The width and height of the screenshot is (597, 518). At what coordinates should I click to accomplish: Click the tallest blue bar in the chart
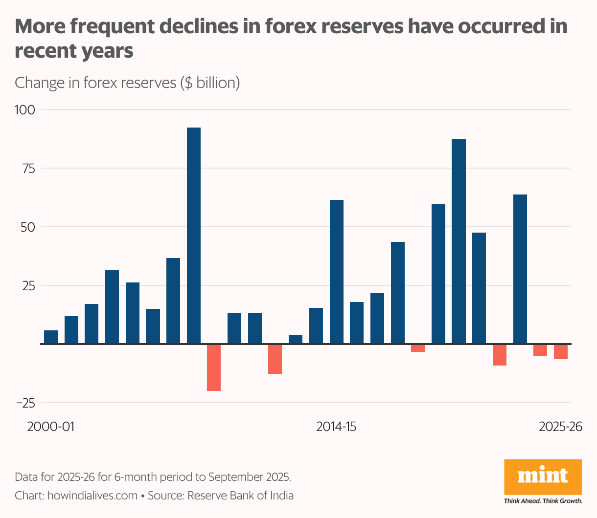click(194, 236)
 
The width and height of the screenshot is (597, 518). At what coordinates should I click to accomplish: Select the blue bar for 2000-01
click(51, 337)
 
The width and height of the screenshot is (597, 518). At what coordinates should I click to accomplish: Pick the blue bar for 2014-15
click(337, 272)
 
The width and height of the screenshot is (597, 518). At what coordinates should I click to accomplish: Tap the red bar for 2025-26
click(561, 352)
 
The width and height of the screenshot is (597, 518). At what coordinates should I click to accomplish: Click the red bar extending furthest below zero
click(214, 367)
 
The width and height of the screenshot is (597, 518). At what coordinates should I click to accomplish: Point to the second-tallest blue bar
click(459, 241)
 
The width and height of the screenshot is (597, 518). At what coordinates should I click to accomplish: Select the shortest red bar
click(418, 348)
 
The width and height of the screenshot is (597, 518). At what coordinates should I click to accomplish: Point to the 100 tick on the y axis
click(25, 109)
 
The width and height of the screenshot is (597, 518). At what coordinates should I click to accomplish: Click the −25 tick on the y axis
click(25, 403)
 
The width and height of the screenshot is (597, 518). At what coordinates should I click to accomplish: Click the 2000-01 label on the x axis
click(50, 427)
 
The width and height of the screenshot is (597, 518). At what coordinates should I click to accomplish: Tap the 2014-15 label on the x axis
click(336, 427)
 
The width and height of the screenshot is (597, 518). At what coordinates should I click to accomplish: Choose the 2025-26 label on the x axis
click(560, 427)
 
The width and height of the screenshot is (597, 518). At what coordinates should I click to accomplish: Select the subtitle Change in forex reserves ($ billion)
click(127, 83)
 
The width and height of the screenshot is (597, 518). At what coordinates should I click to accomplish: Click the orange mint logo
click(543, 477)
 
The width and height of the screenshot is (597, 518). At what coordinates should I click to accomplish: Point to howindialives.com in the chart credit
click(92, 496)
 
